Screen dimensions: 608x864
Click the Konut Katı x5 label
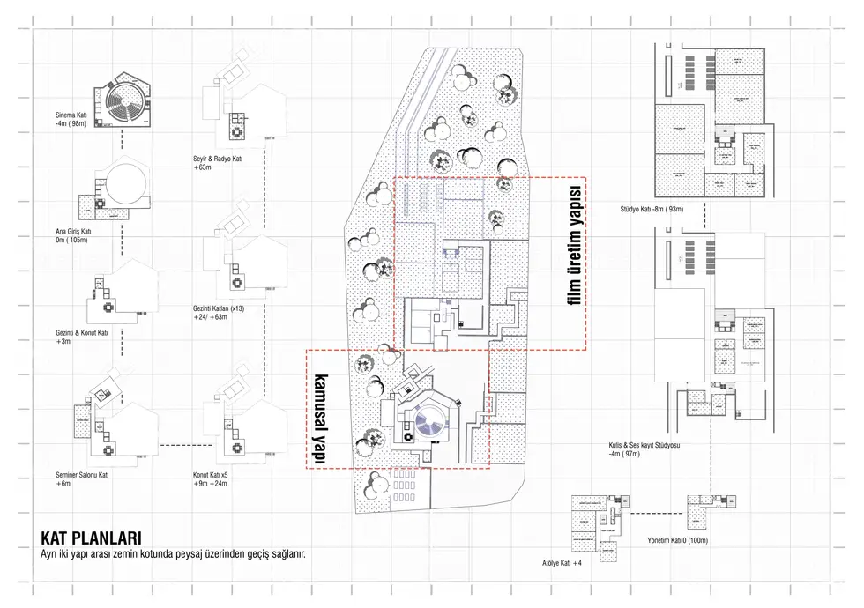[212, 478]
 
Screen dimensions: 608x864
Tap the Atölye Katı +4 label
[562, 561]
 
